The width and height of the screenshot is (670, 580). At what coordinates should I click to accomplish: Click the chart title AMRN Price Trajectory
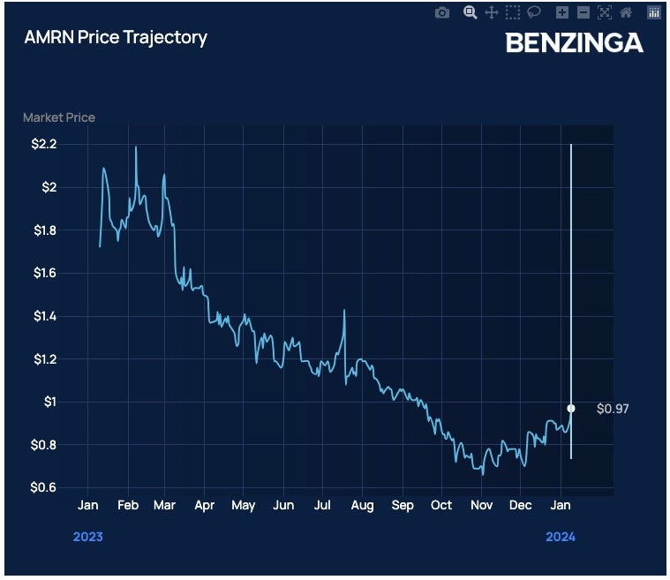click(115, 37)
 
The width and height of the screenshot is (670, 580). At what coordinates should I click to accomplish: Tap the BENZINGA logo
click(574, 41)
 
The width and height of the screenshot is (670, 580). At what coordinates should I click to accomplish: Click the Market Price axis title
click(59, 117)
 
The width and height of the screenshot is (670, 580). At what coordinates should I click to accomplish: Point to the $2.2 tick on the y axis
click(43, 144)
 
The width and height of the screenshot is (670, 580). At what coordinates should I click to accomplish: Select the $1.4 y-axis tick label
click(43, 316)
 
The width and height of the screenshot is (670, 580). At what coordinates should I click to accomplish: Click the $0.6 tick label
click(43, 488)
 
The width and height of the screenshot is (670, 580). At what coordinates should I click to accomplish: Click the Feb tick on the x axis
click(128, 505)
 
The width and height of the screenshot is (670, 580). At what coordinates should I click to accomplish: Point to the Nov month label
click(481, 505)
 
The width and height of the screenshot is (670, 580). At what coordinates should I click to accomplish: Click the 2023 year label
click(87, 537)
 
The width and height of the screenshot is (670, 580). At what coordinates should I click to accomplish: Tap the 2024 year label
click(560, 537)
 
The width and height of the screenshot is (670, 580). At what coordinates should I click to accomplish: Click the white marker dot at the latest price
click(571, 408)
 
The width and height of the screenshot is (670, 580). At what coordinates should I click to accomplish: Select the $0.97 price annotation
click(613, 409)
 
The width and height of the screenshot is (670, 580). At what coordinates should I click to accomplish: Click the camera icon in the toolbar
click(442, 12)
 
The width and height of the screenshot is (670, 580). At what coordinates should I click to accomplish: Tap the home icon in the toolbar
click(626, 12)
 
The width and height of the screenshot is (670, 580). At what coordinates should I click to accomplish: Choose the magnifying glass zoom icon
click(470, 12)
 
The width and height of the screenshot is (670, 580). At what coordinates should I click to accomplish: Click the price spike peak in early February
click(136, 147)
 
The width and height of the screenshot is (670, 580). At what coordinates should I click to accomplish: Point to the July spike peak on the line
click(343, 311)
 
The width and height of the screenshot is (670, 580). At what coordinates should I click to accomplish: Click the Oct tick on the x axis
click(441, 505)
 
